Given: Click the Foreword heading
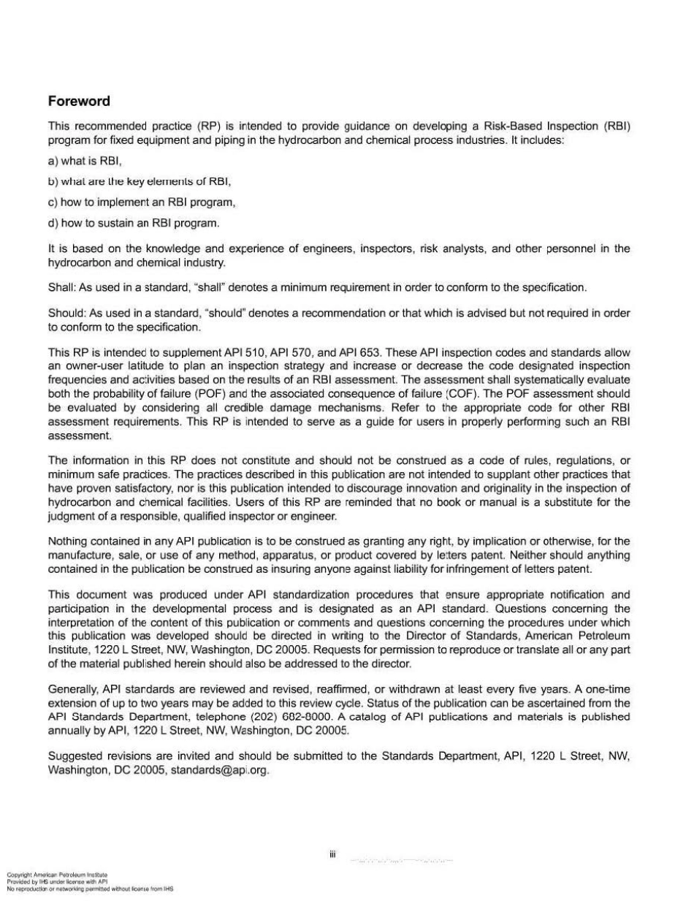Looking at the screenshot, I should (79, 101).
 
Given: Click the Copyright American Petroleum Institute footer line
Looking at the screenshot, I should (57, 874).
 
